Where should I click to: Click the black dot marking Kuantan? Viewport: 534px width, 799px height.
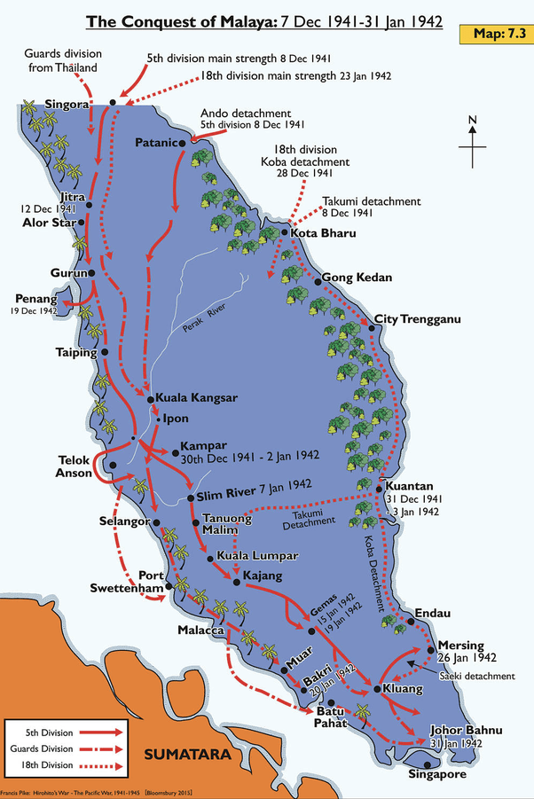pos(379,488)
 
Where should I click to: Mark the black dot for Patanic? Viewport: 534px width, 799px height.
pos(183,142)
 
